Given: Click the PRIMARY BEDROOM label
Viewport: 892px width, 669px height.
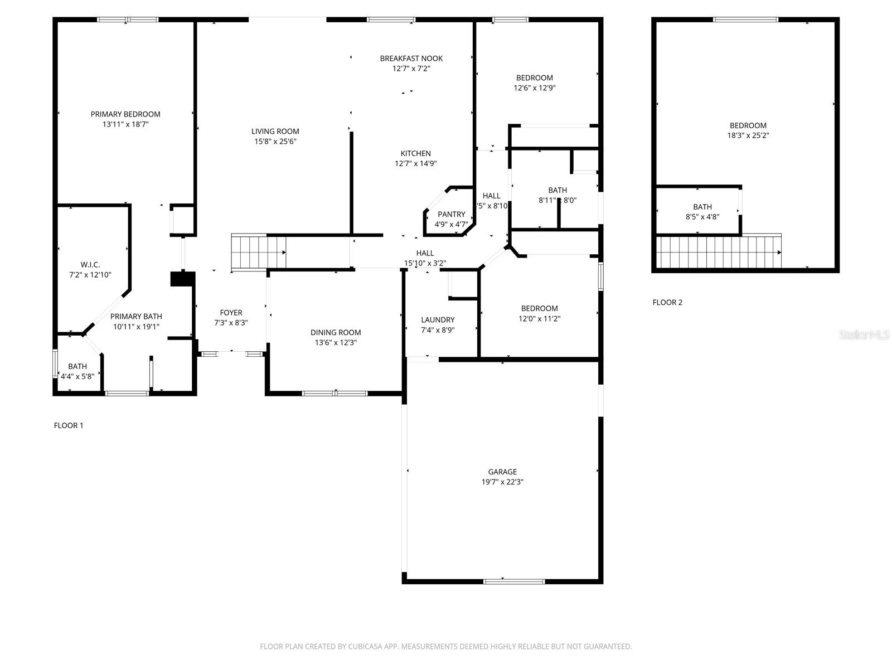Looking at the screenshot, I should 125,114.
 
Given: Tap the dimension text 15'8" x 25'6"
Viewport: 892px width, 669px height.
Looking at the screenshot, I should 275,142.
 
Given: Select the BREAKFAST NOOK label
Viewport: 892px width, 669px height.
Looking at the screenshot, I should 411,59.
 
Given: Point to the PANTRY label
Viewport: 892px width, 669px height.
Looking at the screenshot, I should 451,214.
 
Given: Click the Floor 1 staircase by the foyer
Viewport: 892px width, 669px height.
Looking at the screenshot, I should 259,253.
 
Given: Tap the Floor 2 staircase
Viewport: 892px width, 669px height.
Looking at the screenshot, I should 719,252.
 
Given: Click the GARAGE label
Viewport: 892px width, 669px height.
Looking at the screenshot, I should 502,472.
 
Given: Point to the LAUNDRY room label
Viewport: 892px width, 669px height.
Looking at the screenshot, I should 438,320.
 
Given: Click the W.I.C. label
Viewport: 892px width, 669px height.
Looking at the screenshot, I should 90,265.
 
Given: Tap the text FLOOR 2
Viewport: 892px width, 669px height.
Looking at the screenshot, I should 667,303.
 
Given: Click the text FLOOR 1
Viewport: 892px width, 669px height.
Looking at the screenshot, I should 69,426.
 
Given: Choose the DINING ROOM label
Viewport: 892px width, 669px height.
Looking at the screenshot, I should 336,333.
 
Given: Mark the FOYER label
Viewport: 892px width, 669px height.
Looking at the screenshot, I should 231,313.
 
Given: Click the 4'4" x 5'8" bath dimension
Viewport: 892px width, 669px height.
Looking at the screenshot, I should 77,376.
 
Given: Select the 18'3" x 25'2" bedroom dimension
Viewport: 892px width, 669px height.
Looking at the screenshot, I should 748,135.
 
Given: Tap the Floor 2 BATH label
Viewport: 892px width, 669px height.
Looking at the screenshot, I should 702,207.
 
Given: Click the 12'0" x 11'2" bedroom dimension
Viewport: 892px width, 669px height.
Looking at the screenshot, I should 539,319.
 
